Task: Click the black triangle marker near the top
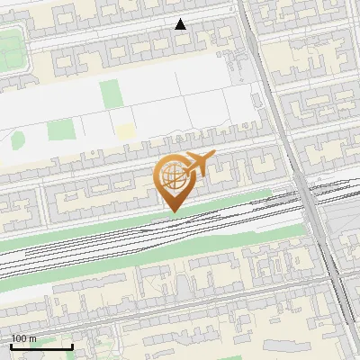(x=181, y=24)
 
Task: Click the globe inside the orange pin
(x=172, y=176)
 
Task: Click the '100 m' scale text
(x=23, y=338)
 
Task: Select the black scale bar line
(x=41, y=346)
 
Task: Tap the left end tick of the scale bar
(x=12, y=346)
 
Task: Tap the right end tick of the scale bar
(x=72, y=346)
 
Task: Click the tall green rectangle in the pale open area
(x=110, y=94)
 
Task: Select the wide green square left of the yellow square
(x=60, y=130)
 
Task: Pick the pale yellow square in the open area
(x=124, y=131)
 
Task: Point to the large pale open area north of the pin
(x=180, y=99)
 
